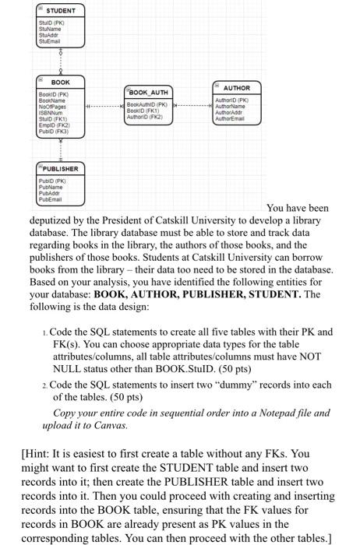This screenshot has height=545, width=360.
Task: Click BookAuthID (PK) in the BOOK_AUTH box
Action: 148,103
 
